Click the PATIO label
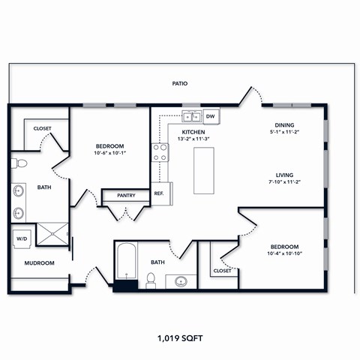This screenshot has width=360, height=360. point(178,83)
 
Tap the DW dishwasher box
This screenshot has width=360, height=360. point(211,116)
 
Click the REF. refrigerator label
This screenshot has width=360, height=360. point(159,193)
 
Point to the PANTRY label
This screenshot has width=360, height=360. point(126,196)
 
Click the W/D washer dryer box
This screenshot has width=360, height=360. point(20,239)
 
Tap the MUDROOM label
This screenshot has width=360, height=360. point(38,263)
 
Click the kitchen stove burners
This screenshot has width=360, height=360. point(160,152)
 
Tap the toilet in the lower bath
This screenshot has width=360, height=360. point(151,280)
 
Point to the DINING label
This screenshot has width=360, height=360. point(283,124)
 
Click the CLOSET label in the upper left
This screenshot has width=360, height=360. point(43,128)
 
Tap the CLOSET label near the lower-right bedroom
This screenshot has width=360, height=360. point(222,271)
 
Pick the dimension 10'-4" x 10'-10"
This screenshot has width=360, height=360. point(284,254)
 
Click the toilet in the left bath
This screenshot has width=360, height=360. point(20,162)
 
